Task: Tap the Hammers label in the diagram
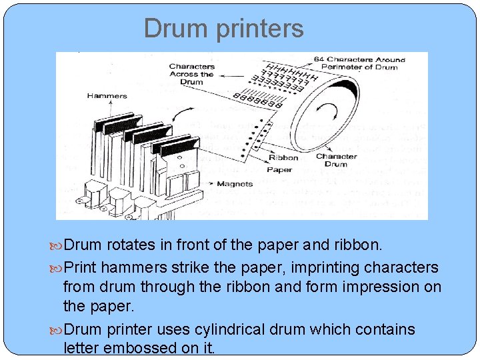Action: [x=107, y=96]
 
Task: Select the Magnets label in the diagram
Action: [x=234, y=183]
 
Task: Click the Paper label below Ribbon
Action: [x=280, y=169]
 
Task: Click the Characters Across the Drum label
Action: [x=192, y=74]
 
